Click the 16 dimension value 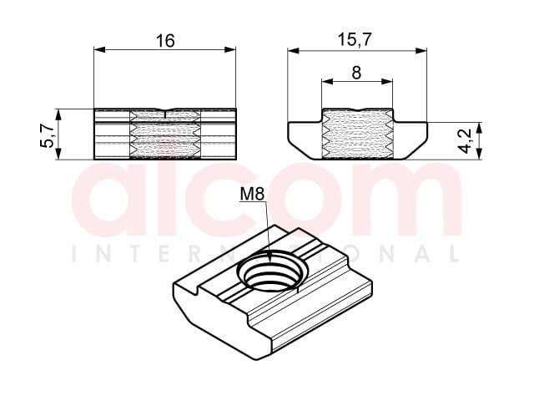click(x=165, y=41)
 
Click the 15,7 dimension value click(x=354, y=40)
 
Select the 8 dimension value click(x=356, y=73)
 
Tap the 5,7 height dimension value click(x=47, y=135)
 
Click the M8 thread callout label click(x=252, y=195)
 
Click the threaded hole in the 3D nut click(x=272, y=271)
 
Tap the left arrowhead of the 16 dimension click(x=99, y=49)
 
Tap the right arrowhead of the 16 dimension click(x=230, y=49)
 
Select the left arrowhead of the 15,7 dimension click(x=293, y=51)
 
